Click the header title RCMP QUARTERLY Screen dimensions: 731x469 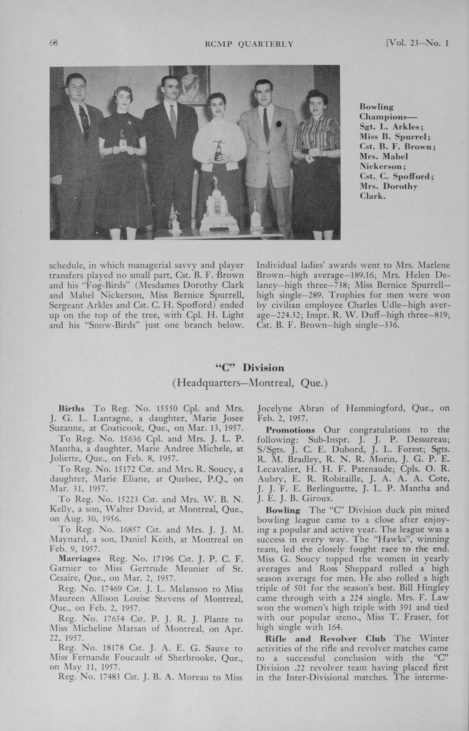pos(249,44)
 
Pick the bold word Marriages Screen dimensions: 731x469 pos(79,559)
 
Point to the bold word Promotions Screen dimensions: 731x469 pos(290,430)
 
